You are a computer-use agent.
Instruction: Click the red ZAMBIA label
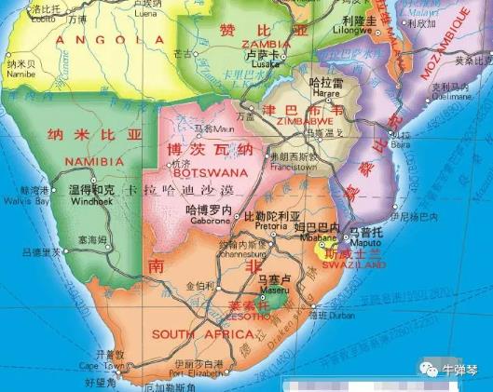point(264,43)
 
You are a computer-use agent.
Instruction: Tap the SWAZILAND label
point(355,264)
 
